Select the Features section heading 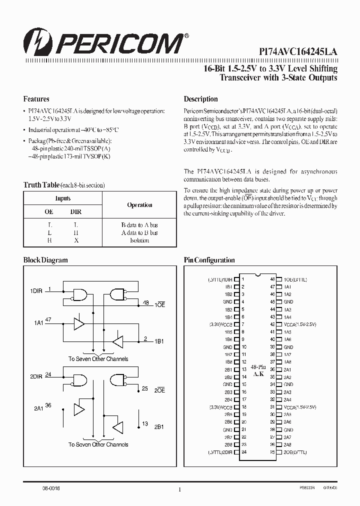36,99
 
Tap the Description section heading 200,99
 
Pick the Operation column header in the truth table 139,205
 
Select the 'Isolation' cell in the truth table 139,240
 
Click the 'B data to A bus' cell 139,225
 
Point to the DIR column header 76,212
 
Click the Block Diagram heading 45,260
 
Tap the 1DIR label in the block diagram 35,290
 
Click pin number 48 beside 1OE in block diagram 145,302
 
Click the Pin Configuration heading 209,260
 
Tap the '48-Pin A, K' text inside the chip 258,369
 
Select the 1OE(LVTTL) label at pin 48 295,279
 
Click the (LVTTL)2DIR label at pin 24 219,452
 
